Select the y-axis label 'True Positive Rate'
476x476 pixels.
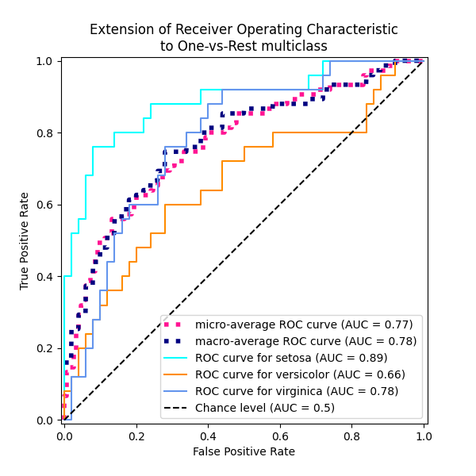(25, 240)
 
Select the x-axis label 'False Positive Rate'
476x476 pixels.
(244, 451)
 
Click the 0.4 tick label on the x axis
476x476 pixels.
(208, 436)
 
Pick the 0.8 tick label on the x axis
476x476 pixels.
(351, 436)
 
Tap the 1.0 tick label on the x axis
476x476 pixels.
(423, 436)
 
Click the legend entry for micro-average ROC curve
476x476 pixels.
(304, 324)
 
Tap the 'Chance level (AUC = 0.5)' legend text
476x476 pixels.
(265, 408)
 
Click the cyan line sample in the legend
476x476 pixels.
(177, 358)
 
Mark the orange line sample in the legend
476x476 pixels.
(177, 374)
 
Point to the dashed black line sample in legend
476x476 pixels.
(177, 408)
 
